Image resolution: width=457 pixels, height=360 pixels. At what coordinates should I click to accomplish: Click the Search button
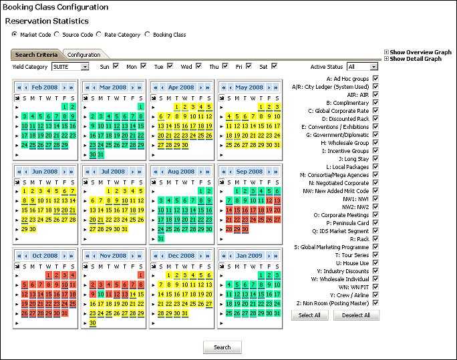[222, 347]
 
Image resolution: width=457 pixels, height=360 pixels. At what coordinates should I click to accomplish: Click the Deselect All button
[356, 315]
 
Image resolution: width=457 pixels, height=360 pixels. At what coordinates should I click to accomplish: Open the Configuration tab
[84, 55]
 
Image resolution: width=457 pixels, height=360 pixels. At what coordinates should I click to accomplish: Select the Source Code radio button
[57, 34]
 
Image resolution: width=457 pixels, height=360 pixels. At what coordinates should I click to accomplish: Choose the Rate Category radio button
[99, 34]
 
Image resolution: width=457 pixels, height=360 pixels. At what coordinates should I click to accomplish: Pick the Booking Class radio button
[148, 34]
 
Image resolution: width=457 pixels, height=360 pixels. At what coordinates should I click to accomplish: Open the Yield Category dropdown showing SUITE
[70, 67]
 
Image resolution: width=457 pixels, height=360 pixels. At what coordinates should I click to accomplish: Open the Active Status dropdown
[363, 67]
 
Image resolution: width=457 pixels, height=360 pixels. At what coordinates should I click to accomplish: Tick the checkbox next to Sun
[116, 66]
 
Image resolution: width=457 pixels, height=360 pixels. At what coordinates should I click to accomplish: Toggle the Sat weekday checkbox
[273, 66]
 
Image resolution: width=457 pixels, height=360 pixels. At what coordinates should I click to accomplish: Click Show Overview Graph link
[420, 52]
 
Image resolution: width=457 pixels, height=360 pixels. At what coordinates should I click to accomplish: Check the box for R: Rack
[375, 238]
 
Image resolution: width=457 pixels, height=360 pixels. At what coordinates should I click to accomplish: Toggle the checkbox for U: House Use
[375, 263]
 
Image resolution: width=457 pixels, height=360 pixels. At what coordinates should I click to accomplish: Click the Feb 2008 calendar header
[45, 87]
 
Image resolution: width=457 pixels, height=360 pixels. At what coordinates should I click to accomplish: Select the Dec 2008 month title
[181, 256]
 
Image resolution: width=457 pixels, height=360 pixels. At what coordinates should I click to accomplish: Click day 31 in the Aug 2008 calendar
[160, 238]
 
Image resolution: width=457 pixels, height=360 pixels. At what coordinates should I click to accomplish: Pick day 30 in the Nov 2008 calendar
[92, 323]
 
